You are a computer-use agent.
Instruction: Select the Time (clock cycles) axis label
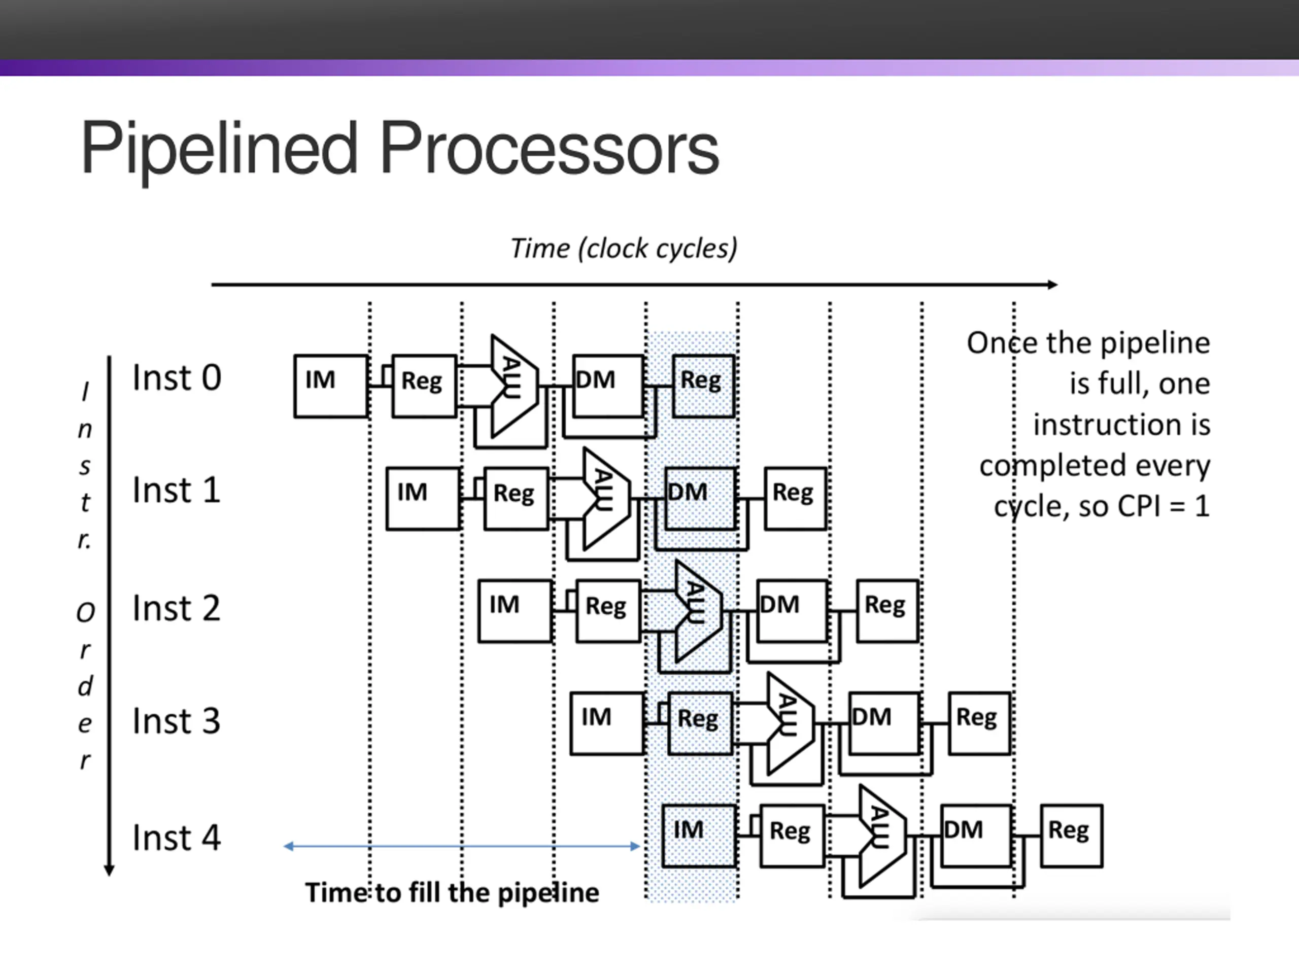pos(624,249)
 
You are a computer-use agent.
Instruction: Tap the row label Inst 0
pos(177,377)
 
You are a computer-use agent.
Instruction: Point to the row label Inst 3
pos(177,720)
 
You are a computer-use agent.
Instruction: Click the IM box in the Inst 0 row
pos(331,387)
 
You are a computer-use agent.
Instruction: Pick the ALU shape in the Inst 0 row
pos(514,387)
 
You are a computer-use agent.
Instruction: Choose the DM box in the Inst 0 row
pos(608,387)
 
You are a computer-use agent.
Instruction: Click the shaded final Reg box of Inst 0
pos(703,387)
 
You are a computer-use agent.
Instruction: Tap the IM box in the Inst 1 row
pos(423,499)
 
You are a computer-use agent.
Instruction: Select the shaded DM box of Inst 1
pos(700,499)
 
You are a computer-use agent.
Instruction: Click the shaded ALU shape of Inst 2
pos(698,611)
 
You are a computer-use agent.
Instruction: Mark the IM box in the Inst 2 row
pos(515,611)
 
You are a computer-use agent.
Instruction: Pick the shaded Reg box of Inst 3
pos(701,724)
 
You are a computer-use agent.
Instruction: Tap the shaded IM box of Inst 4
pos(699,836)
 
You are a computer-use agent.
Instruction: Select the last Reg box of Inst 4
pos(1072,836)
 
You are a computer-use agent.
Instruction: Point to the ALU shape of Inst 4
pos(882,836)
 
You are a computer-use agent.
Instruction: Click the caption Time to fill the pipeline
pos(452,893)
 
